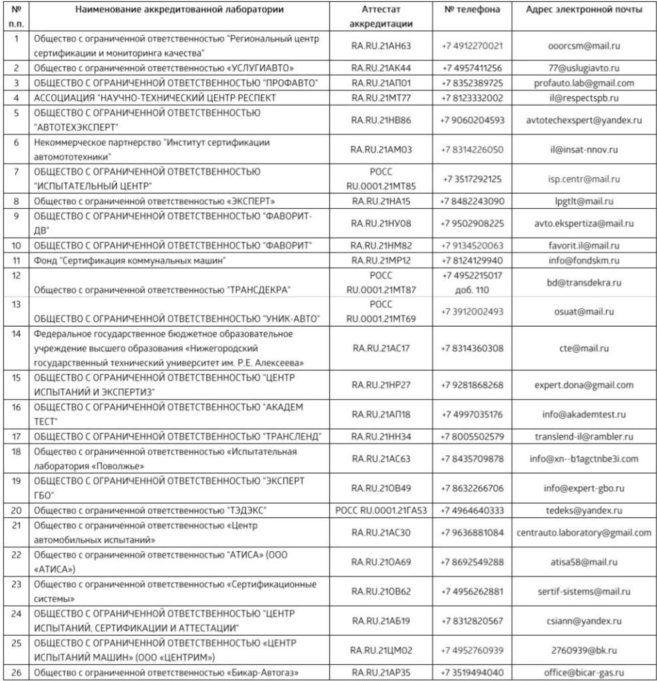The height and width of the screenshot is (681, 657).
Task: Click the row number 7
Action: point(16,172)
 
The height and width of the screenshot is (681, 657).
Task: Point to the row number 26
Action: point(16,672)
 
